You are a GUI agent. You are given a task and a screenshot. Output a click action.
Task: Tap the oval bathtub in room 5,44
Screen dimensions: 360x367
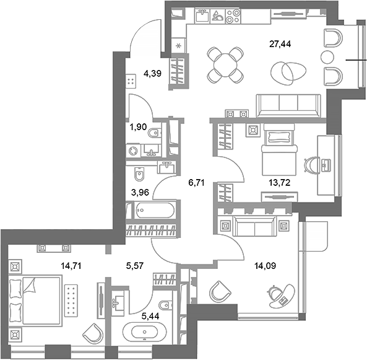144,332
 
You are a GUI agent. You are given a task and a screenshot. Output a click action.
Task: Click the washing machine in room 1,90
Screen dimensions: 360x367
135,150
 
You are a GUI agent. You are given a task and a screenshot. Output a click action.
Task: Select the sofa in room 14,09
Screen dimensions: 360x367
254,227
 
